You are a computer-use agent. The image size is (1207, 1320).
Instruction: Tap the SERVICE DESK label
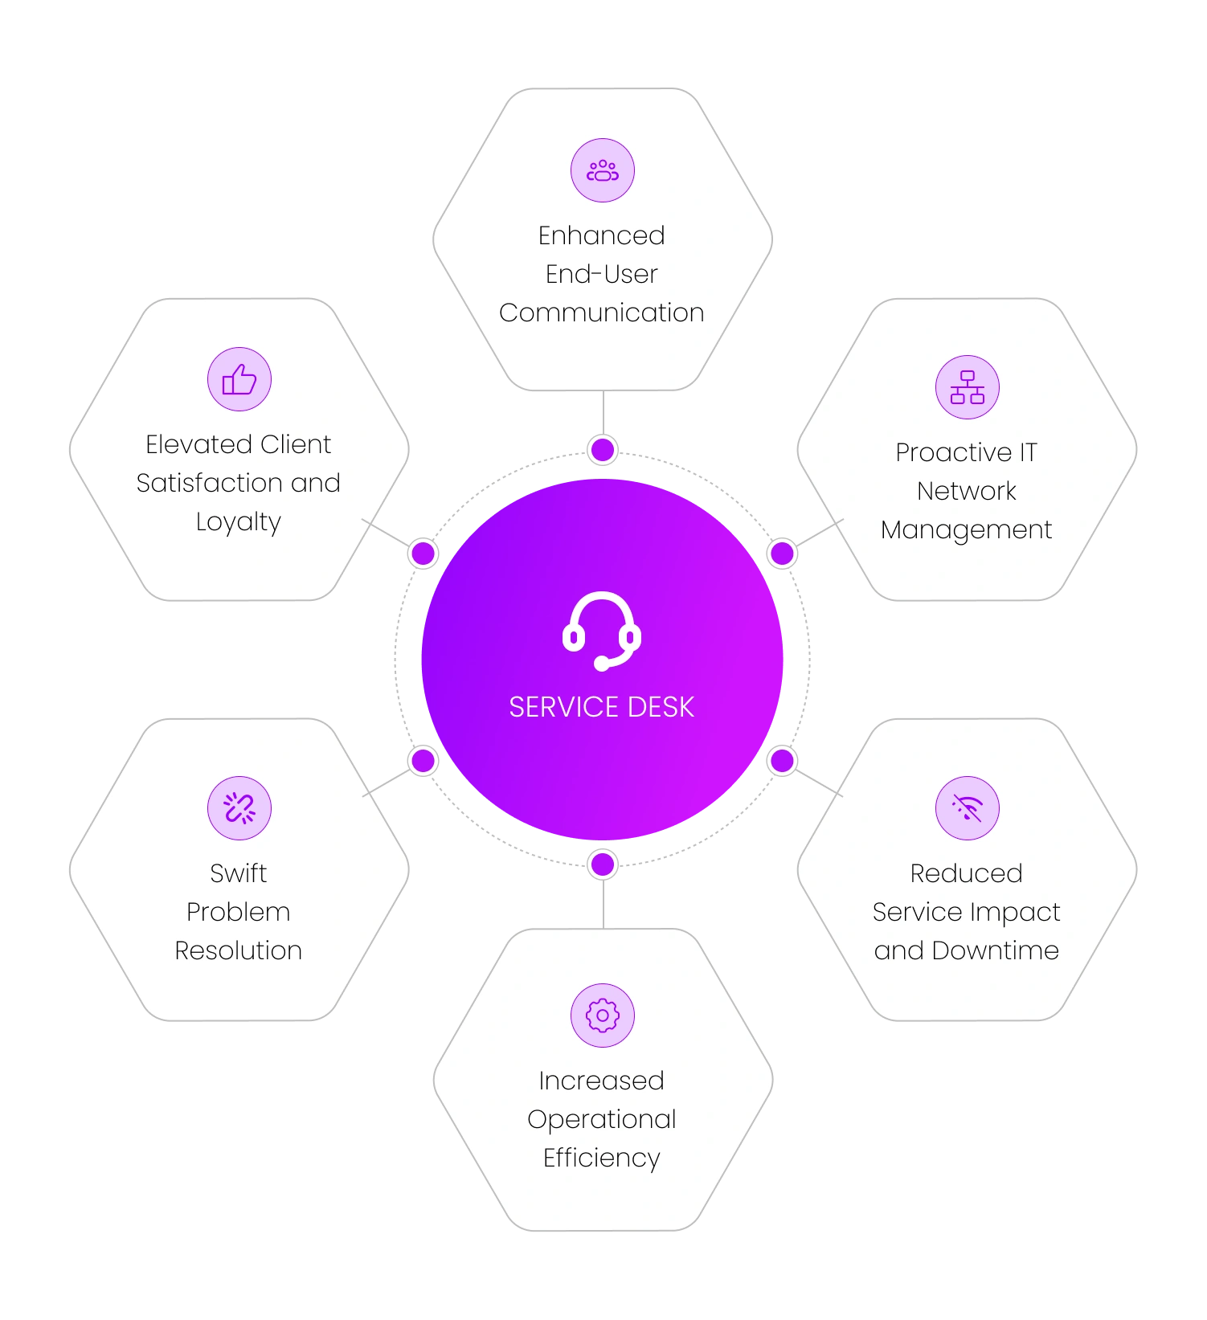602,707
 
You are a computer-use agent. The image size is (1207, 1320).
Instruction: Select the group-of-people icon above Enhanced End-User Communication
603,170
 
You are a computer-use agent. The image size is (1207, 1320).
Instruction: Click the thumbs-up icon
239,379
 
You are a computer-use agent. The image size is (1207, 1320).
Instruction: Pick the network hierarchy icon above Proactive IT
968,387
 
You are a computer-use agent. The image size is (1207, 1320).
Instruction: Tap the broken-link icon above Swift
239,808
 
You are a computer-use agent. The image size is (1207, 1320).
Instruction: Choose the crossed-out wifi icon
968,808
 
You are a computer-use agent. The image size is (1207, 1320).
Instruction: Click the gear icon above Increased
603,1016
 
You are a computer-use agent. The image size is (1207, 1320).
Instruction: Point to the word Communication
602,313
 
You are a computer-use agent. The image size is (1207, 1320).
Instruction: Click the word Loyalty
239,523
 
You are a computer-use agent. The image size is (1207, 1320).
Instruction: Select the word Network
967,491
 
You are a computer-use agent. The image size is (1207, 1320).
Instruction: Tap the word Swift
239,873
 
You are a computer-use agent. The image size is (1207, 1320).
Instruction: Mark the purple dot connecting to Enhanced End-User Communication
603,450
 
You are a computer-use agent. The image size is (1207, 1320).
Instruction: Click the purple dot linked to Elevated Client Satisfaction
423,553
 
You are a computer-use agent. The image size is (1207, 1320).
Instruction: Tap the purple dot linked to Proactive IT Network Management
782,553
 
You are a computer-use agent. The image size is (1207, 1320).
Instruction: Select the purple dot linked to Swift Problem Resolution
423,760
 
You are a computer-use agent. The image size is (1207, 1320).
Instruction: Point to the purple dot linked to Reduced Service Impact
782,760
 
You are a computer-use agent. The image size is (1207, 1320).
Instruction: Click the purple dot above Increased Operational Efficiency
603,864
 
